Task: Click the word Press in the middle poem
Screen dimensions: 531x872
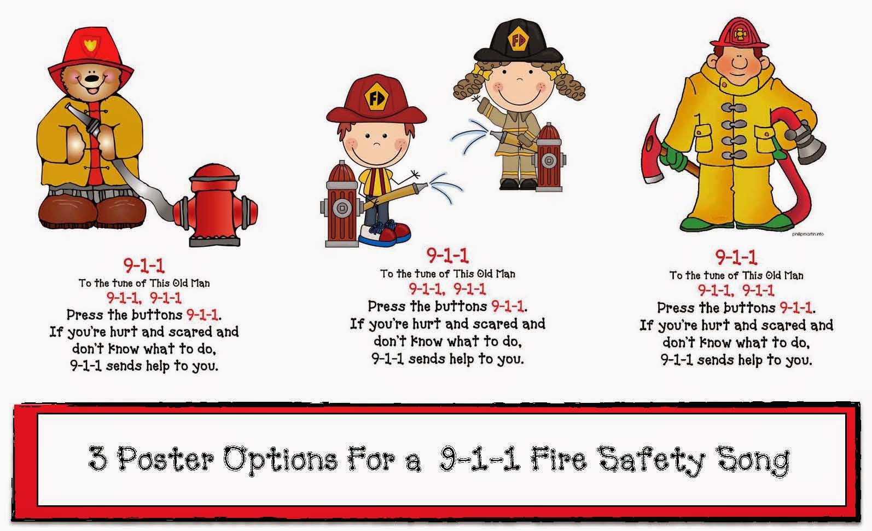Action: [386, 307]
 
